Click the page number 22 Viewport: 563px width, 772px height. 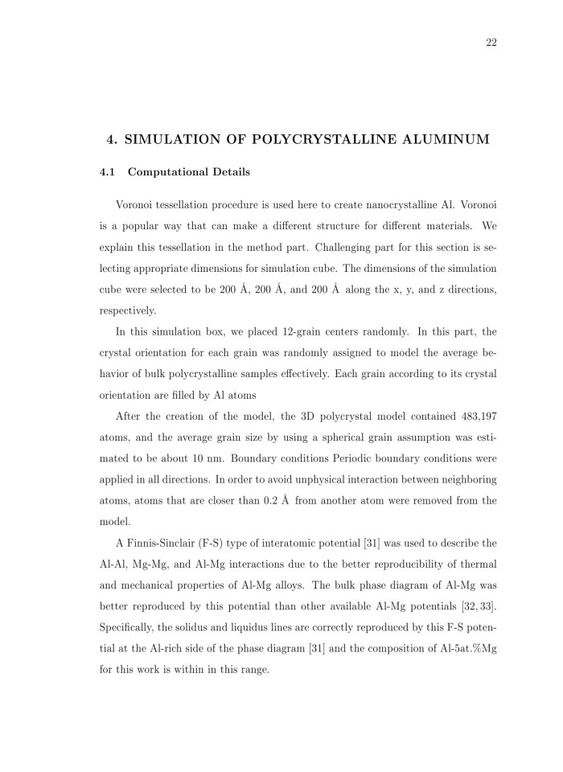tap(491, 43)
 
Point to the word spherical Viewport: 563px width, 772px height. tap(315, 437)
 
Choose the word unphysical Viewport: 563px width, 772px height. tap(290, 478)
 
